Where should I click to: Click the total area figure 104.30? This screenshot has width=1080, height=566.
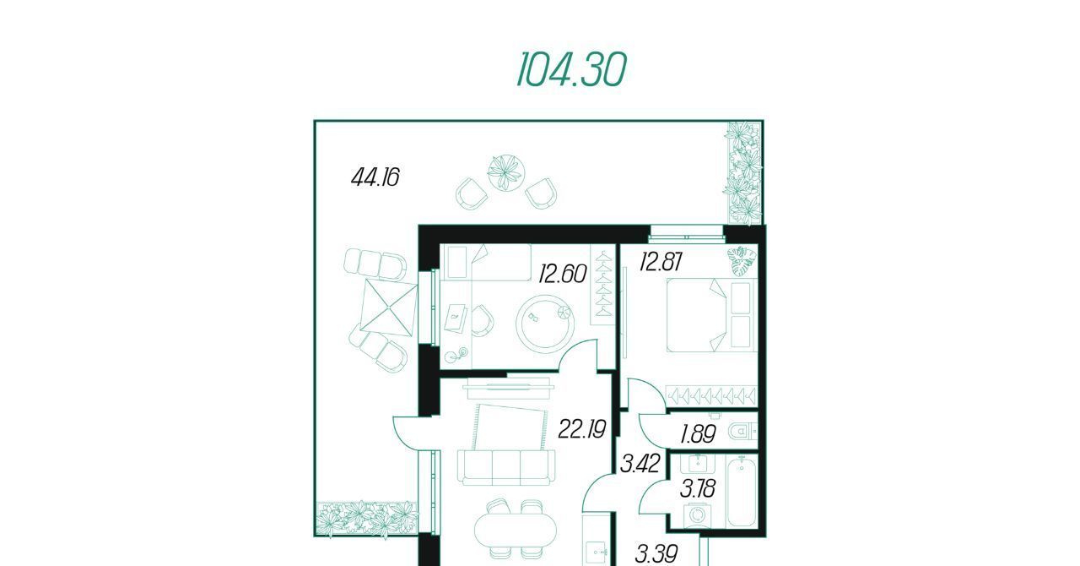point(571,69)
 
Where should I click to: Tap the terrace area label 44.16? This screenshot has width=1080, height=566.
point(375,177)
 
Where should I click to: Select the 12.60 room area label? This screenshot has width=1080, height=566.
point(563,274)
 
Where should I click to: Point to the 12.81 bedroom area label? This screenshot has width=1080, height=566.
point(661,262)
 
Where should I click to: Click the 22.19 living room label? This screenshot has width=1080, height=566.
point(581,429)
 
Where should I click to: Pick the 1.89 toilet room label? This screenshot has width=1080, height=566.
point(698,434)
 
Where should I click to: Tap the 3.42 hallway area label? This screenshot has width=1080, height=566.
point(640,463)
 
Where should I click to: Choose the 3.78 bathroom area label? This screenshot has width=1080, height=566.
point(697,489)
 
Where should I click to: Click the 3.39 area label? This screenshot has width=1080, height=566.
point(656,553)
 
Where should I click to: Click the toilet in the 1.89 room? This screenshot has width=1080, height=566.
point(742,431)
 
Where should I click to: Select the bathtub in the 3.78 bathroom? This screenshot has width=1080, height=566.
point(741,493)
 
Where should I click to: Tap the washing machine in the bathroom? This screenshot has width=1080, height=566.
point(697,514)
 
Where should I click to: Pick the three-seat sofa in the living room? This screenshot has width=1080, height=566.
point(505,467)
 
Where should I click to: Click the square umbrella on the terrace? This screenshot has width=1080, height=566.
point(389,307)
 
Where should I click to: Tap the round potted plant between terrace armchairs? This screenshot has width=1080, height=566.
point(505,172)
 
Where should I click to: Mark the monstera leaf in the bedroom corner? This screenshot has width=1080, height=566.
point(742,261)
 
